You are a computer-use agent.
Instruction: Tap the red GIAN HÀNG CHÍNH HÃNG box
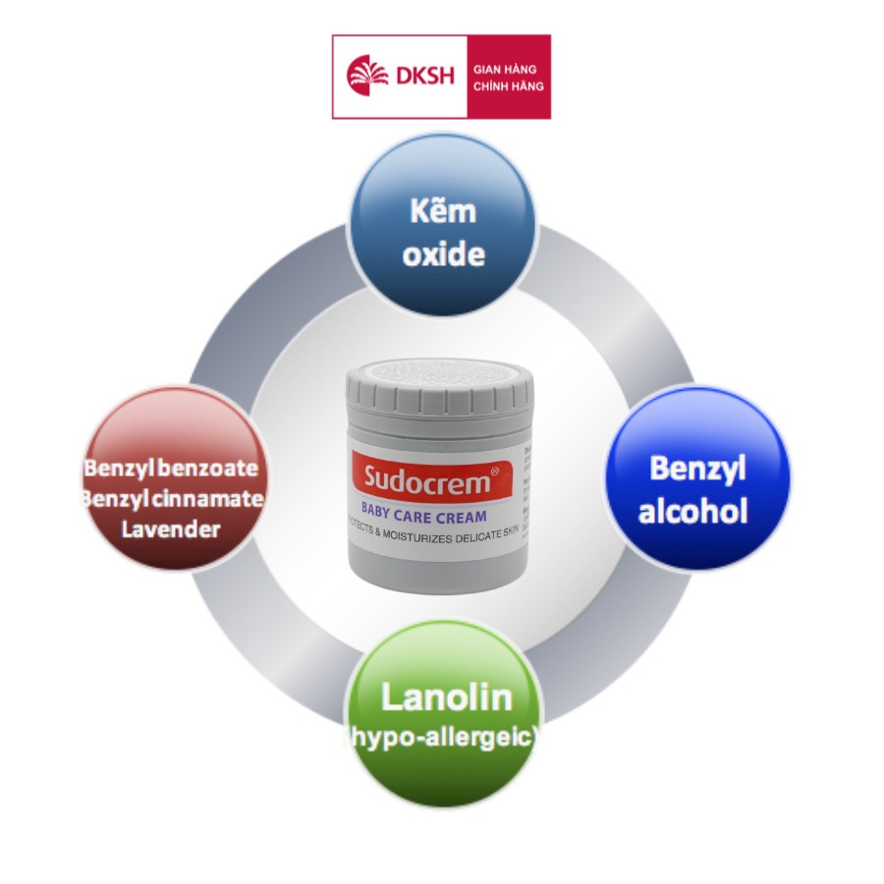[508, 77]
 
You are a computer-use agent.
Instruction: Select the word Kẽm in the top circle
[443, 212]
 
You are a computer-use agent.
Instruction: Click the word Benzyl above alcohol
[697, 469]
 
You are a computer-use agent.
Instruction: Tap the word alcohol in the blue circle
[693, 512]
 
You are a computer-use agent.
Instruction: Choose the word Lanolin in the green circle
[446, 697]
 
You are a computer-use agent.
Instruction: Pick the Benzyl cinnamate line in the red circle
[174, 499]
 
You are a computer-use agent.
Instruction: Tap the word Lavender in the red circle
[171, 530]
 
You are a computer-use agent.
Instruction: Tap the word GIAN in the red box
[488, 68]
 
